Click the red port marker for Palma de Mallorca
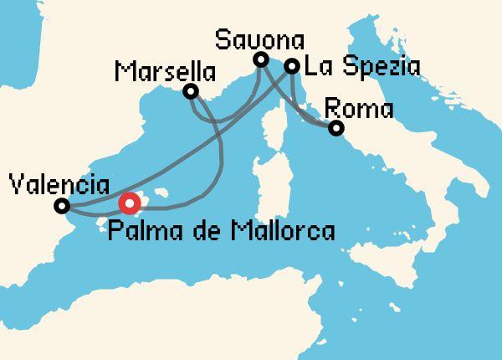(129, 203)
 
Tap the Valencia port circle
(61, 206)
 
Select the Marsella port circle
(192, 91)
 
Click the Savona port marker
(261, 59)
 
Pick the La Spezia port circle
(292, 66)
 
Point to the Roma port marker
(336, 129)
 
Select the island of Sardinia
(269, 188)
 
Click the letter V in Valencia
(13, 184)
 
